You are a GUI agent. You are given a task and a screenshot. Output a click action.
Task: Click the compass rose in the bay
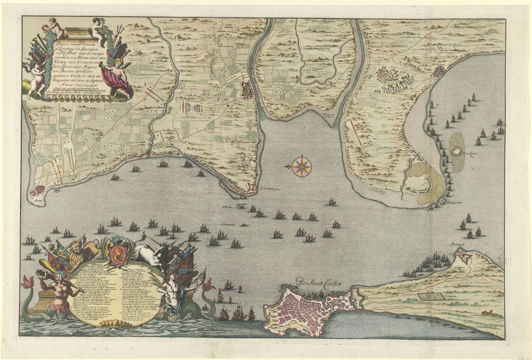coord(302,166)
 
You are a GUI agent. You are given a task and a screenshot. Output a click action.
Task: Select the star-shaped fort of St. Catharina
coord(252,187)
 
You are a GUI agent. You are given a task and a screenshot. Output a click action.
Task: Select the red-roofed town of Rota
coord(38,191)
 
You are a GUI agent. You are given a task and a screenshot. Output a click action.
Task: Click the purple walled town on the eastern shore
coord(440,72)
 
